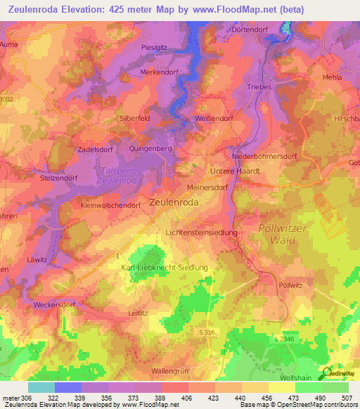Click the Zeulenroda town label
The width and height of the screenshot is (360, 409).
point(174,202)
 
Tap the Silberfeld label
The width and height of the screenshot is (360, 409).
point(135,119)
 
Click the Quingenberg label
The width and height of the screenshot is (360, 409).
point(151,149)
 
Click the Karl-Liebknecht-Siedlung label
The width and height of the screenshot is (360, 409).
point(165,268)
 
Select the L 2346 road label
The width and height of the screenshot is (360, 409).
point(283,339)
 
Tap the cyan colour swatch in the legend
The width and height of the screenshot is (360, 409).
point(41,387)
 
